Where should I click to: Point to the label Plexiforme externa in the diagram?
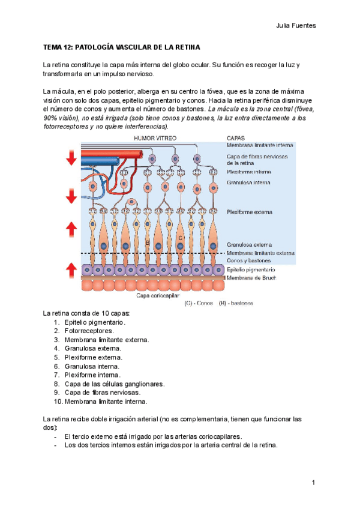pos(249,212)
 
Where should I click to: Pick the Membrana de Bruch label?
pos(251,278)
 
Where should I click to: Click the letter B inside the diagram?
pos(147,242)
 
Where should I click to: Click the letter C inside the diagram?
pos(180,238)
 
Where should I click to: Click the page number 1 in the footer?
pos(313,483)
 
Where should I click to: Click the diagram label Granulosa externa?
pos(249,245)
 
